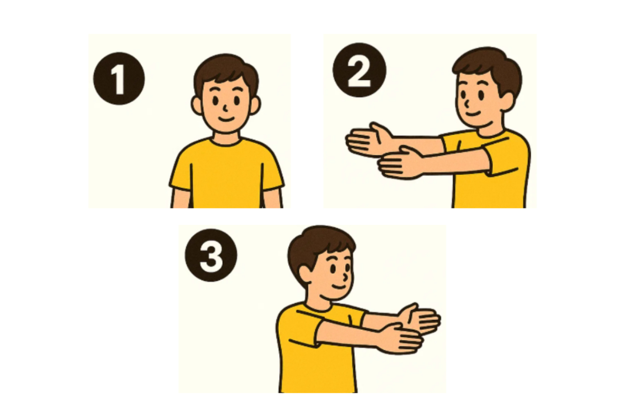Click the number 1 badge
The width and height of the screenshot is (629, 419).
pos(119,78)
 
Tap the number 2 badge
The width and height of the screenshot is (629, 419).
pos(359,70)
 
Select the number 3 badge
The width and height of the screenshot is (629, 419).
pos(211,255)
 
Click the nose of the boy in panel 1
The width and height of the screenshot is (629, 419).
pos(225,108)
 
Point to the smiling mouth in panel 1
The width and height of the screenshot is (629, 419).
pos(226,118)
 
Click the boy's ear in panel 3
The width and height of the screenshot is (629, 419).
pos(305,275)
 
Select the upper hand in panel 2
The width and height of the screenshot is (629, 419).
pos(368,139)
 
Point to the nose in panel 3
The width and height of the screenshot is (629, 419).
pos(346,277)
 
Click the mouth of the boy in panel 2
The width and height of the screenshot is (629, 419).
pos(473,113)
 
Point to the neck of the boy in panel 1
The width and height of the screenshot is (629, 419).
pos(226,137)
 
